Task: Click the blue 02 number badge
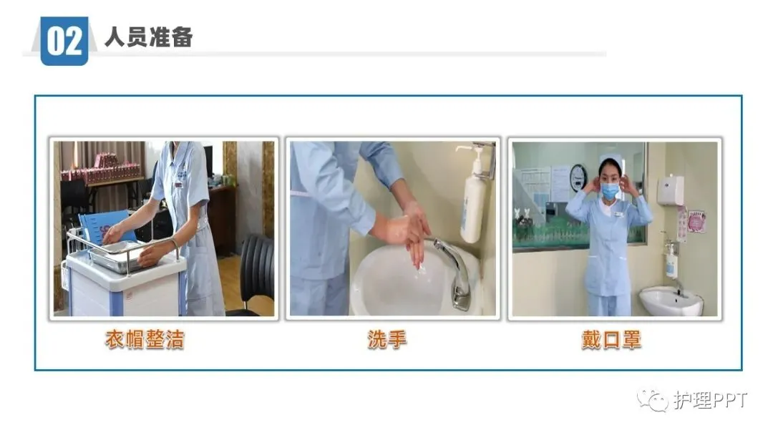point(64,41)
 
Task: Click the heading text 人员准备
point(148,37)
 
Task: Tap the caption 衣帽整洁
point(145,339)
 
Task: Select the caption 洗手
point(387,339)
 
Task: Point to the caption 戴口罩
point(611,340)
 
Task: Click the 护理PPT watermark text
point(711,400)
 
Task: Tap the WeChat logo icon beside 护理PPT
point(652,399)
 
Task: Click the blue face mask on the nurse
point(610,191)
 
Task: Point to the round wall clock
point(578,178)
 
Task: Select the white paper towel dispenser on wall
point(671,190)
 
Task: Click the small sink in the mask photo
point(671,301)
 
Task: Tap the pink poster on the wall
point(696,221)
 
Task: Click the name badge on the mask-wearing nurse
point(618,214)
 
